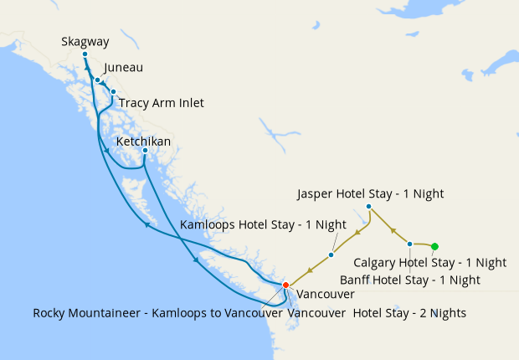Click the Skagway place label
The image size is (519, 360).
[x=85, y=41]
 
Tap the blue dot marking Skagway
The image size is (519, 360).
[x=85, y=54]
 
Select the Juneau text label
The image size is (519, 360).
[x=123, y=68]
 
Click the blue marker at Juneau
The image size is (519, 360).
[x=98, y=80]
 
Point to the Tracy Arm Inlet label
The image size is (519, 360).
[x=161, y=103]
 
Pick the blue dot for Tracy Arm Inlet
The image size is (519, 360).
[x=113, y=92]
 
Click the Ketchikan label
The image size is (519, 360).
[x=143, y=141]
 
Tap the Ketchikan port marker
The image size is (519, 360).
[x=146, y=151]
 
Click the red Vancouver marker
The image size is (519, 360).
[x=285, y=285]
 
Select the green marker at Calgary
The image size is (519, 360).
[x=434, y=246]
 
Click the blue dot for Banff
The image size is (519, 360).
[x=409, y=244]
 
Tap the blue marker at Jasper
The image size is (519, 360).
[x=368, y=206]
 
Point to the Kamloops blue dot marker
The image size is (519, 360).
[x=331, y=255]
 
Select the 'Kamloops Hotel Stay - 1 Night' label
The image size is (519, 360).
[x=263, y=224]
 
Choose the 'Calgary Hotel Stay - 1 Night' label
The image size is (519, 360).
[x=429, y=262]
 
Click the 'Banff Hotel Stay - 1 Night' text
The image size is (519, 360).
[x=409, y=279]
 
